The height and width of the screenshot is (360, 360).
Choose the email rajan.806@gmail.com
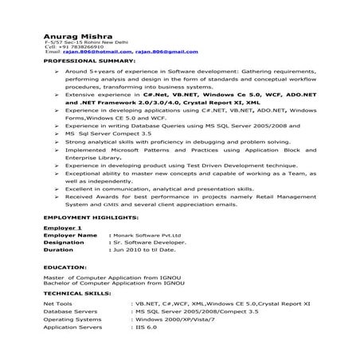pos(166,52)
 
